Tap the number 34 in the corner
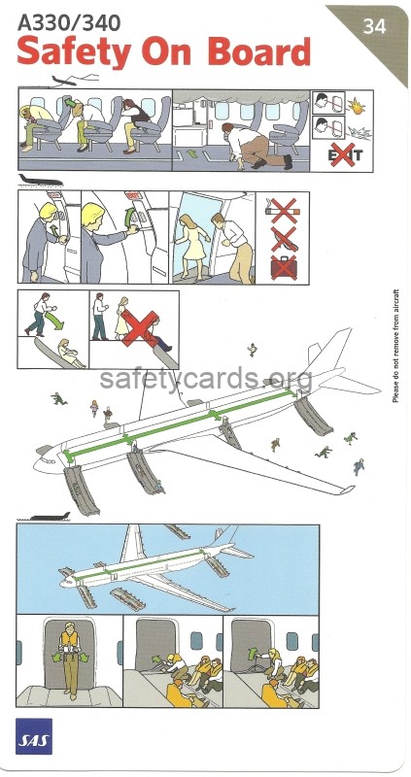click(373, 27)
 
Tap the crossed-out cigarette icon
click(283, 209)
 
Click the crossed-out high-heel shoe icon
click(283, 238)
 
